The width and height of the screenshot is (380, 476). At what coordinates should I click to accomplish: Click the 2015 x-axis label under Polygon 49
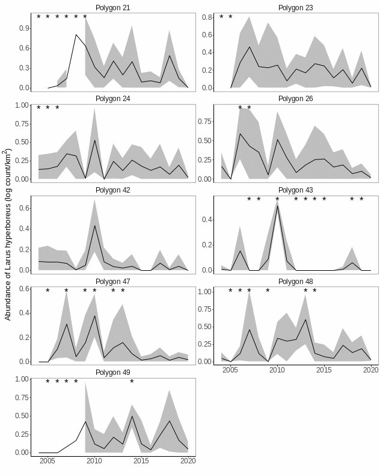pyautogui.click(x=141, y=462)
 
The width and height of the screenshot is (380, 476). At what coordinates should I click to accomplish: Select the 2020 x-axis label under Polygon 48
pyautogui.click(x=370, y=370)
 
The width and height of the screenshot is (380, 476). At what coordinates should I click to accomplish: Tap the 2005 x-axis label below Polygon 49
pyautogui.click(x=47, y=462)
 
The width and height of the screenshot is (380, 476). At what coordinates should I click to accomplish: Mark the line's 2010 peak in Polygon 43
pyautogui.click(x=277, y=206)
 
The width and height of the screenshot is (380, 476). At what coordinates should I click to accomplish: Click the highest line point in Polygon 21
pyautogui.click(x=76, y=35)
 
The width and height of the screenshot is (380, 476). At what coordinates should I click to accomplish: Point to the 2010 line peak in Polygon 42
pyautogui.click(x=94, y=226)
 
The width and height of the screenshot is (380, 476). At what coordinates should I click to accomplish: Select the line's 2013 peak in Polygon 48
pyautogui.click(x=305, y=320)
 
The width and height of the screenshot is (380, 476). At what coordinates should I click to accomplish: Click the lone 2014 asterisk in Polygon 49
pyautogui.click(x=132, y=382)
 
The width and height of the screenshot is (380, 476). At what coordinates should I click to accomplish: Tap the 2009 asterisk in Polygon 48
pyautogui.click(x=268, y=291)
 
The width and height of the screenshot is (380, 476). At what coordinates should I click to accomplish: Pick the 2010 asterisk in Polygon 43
pyautogui.click(x=277, y=199)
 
